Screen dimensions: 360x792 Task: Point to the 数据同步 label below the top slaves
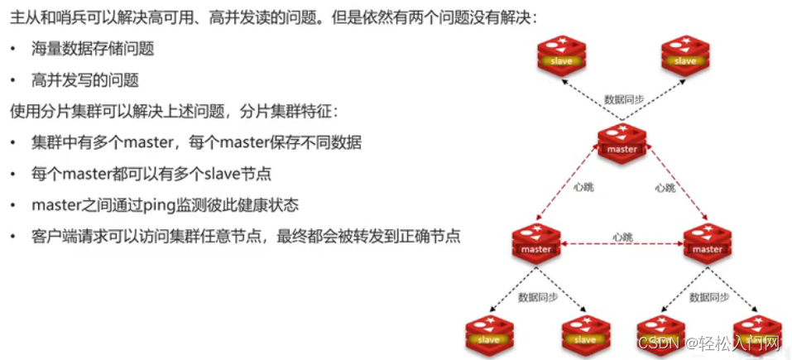624,99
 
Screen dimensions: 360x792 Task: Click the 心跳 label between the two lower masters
622,238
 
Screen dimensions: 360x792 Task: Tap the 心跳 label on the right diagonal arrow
664,188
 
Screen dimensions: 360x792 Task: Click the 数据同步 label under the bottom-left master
538,296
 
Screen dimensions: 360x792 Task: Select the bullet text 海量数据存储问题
93,49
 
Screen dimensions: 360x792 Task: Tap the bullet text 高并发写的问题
85,79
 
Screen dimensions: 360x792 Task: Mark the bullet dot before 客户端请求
13,237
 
